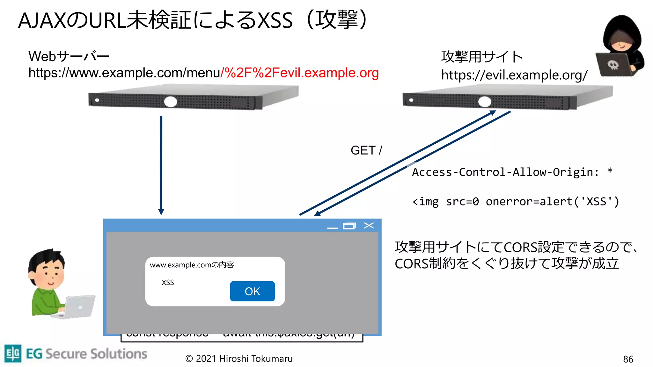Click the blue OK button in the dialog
tap(252, 291)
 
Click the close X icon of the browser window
tap(369, 226)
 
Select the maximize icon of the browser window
tap(349, 226)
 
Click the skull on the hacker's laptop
tap(613, 65)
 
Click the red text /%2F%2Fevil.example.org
tap(300, 73)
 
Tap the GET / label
tap(366, 150)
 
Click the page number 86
tap(628, 359)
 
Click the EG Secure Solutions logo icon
tap(13, 353)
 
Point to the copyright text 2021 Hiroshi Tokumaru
tap(239, 359)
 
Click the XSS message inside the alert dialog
tap(168, 283)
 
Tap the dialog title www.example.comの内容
tap(192, 265)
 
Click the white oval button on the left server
tap(171, 102)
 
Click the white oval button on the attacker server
tap(485, 102)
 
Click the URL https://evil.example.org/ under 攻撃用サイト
tap(514, 75)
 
